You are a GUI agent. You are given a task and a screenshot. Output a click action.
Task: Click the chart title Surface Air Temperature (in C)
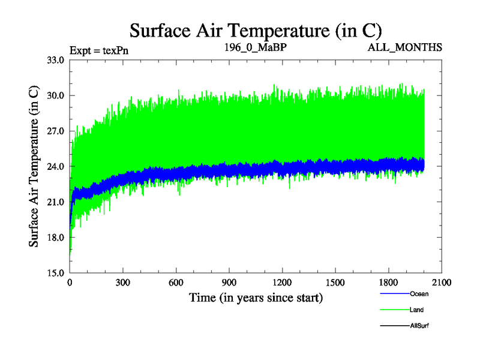point(256,30)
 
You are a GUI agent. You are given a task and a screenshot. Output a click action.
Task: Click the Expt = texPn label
point(99,50)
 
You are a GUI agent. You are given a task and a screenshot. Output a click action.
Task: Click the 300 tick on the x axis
point(123,283)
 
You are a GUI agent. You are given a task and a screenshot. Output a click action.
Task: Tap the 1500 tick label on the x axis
point(335,283)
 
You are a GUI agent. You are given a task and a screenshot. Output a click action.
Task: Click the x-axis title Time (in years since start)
point(256,297)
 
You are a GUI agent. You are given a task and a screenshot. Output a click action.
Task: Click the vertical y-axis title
point(35,166)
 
